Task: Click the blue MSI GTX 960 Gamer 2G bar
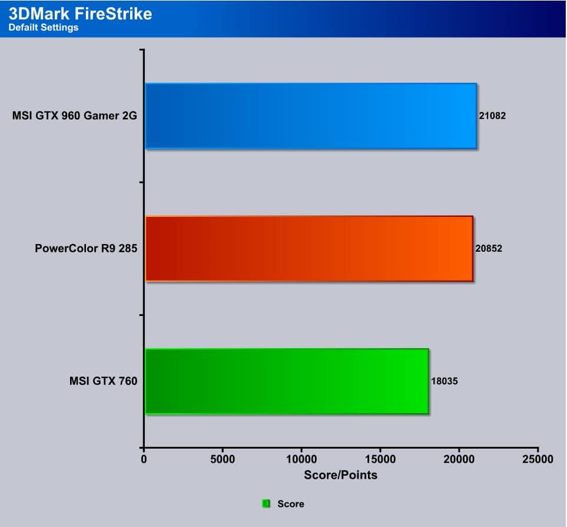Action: (311, 116)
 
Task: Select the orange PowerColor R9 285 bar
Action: (309, 249)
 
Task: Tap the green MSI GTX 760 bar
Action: (287, 381)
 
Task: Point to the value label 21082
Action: (492, 116)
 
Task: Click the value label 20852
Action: (489, 248)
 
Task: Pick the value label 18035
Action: (445, 381)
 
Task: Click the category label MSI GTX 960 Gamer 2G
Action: (75, 116)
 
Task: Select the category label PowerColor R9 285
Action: (86, 248)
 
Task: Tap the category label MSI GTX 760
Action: (104, 381)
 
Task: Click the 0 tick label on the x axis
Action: (144, 459)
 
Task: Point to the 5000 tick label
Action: (223, 459)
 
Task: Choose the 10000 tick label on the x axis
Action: (301, 459)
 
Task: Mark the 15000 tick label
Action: (380, 459)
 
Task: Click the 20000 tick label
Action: (459, 459)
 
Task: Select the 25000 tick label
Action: (538, 459)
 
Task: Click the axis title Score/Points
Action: (341, 475)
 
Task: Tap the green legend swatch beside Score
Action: (266, 503)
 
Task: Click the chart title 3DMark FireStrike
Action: (80, 14)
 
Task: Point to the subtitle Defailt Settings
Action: (44, 28)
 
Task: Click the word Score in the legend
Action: (291, 504)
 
